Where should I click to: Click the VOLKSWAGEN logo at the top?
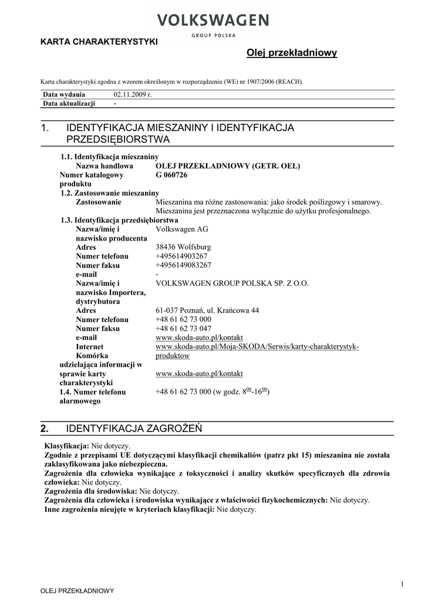[x=212, y=22]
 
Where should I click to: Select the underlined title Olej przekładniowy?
[x=292, y=53]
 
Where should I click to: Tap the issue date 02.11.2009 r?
[x=132, y=95]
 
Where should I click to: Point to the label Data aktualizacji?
[x=69, y=103]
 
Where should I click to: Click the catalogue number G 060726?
[x=171, y=175]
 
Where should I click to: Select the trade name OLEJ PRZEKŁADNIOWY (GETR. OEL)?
[x=228, y=166]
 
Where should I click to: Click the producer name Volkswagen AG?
[x=182, y=229]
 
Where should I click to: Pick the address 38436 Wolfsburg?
[x=183, y=248]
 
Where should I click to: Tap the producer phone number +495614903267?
[x=181, y=256]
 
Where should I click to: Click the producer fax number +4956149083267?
[x=183, y=265]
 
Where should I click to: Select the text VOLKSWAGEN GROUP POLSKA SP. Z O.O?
[x=232, y=283]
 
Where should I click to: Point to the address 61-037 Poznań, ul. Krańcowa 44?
[x=207, y=310]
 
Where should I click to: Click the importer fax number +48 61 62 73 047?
[x=183, y=329]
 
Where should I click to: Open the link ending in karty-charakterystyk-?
[x=257, y=347]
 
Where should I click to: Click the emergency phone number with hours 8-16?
[x=212, y=392]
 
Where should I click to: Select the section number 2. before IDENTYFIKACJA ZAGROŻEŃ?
[x=45, y=429]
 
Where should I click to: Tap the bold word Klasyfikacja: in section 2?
[x=67, y=446]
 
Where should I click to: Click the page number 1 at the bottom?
[x=402, y=583]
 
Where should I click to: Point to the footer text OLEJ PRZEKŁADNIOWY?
[x=77, y=591]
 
